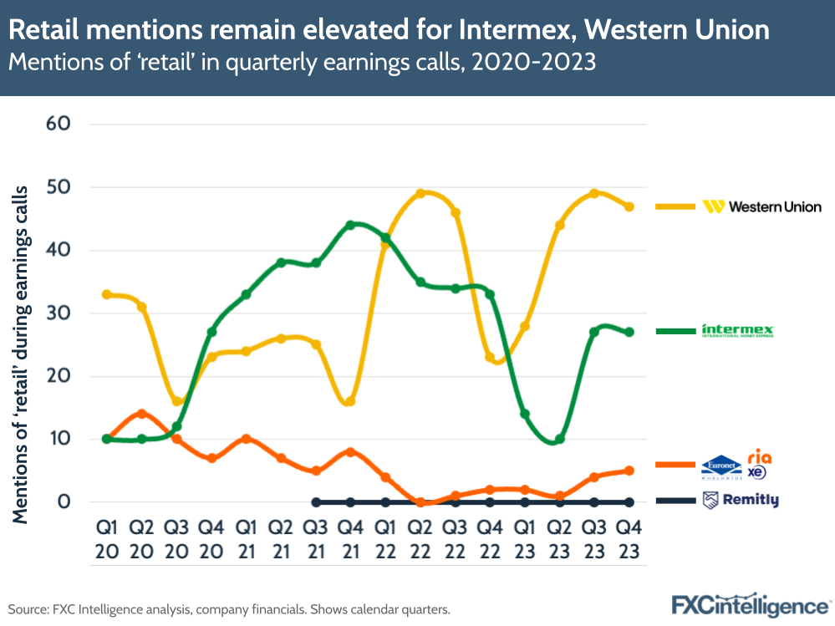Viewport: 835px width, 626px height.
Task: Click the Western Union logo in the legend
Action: point(762,206)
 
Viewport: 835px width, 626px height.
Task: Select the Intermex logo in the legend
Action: point(738,331)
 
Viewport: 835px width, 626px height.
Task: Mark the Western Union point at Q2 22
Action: point(420,193)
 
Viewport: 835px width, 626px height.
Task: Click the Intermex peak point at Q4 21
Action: point(350,225)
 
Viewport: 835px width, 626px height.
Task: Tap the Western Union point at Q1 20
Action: point(106,294)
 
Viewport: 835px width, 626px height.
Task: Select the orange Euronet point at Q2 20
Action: point(141,414)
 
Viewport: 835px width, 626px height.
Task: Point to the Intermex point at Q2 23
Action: point(560,439)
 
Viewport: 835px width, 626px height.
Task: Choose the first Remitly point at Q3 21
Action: point(315,502)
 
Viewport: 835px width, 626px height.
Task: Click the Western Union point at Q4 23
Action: point(629,206)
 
